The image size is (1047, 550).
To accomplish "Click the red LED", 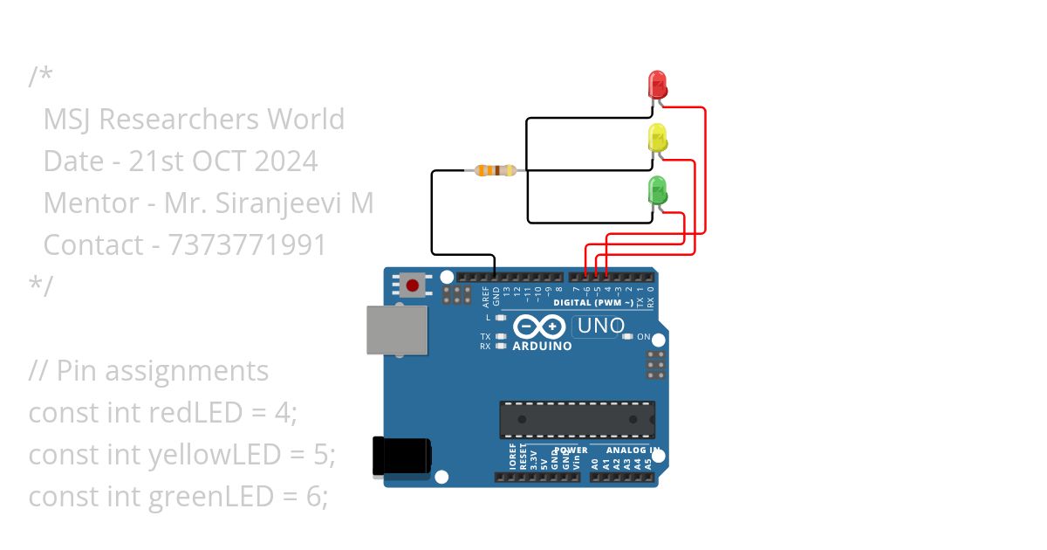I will click(657, 85).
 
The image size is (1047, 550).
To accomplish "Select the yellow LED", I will click(657, 137).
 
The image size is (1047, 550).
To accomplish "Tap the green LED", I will click(657, 189).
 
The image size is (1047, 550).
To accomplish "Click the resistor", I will click(495, 170).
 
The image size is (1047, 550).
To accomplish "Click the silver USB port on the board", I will click(397, 330).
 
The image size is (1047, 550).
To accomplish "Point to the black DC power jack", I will click(401, 457).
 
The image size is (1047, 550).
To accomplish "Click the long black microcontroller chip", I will click(577, 420).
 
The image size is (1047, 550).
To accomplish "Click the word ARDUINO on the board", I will click(543, 346).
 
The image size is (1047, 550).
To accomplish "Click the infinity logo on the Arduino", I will click(541, 327).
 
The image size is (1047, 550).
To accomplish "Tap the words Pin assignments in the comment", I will click(162, 370).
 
